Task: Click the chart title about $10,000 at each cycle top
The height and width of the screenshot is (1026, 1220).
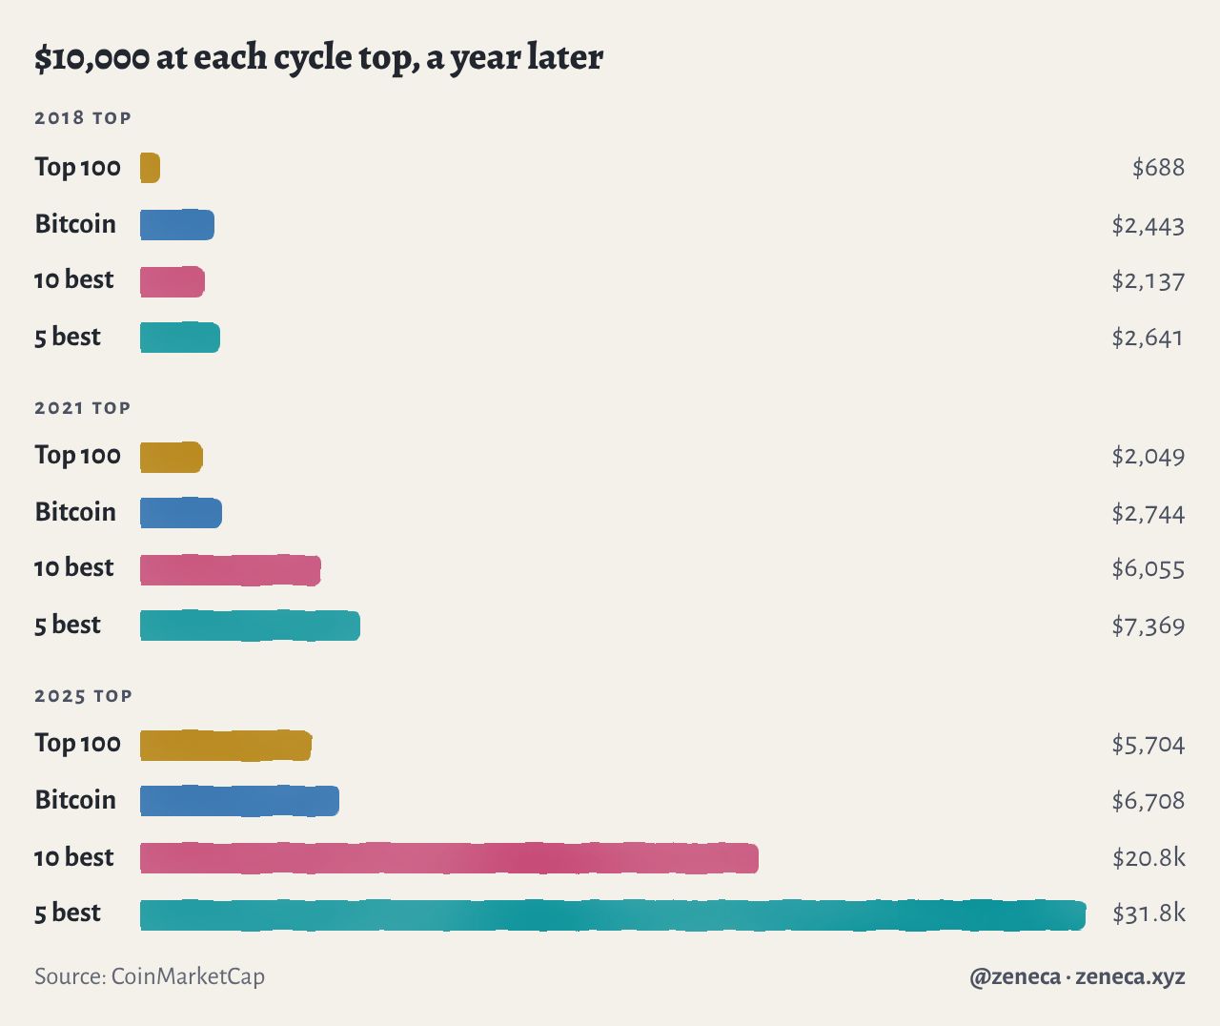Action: [318, 58]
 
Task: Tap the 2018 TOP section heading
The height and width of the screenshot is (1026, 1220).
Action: [83, 118]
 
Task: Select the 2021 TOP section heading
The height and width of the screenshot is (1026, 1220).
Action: [82, 408]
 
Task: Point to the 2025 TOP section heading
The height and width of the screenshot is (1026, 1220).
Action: [83, 696]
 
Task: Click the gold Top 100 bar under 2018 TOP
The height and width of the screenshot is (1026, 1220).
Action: [151, 168]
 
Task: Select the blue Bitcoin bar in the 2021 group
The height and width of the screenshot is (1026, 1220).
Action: [181, 513]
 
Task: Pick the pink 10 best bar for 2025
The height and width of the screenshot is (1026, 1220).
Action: [449, 858]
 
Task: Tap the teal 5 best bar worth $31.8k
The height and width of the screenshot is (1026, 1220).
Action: [613, 915]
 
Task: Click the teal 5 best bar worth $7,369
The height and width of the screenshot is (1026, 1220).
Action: [250, 626]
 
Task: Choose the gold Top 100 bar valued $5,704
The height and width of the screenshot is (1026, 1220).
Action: [226, 746]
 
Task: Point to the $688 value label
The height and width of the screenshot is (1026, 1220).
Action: [1158, 168]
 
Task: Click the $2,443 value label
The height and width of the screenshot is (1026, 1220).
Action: [1149, 226]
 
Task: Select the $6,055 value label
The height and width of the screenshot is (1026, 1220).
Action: [1149, 569]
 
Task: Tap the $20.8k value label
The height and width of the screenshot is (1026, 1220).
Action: [1149, 857]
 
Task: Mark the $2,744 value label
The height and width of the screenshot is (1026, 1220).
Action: [1149, 514]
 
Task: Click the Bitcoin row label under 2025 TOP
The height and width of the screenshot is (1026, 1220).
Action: [75, 800]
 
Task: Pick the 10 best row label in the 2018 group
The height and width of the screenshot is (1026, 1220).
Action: [73, 280]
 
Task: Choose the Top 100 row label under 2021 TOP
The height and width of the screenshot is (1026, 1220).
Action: [78, 456]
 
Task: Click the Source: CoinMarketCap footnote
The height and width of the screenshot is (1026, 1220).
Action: [150, 976]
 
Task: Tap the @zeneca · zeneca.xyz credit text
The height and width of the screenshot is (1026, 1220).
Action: [1077, 976]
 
